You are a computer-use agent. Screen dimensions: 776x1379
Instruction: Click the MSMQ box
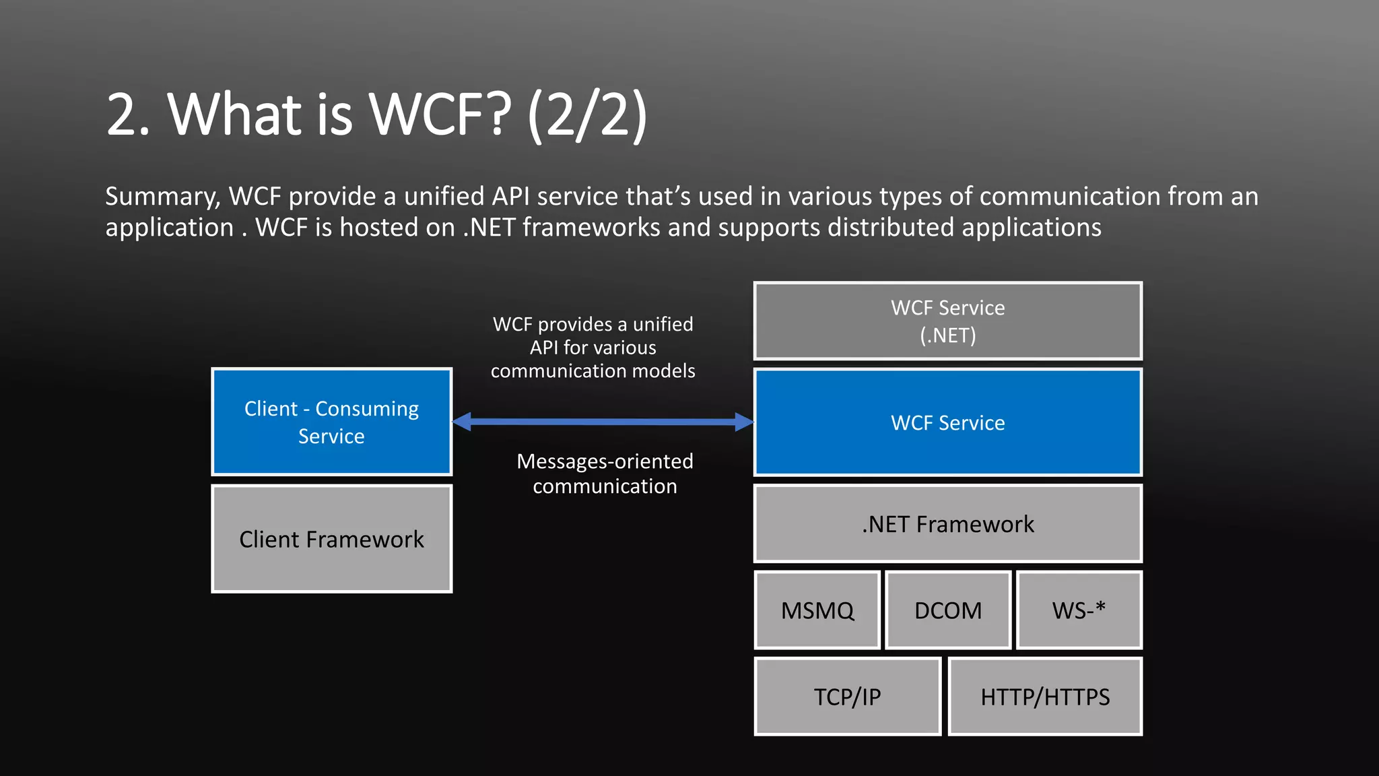[x=817, y=610]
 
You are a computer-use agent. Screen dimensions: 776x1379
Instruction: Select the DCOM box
[x=948, y=610]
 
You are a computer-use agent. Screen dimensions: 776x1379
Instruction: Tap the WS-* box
[x=1079, y=610]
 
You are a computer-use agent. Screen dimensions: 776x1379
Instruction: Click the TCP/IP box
[x=847, y=697]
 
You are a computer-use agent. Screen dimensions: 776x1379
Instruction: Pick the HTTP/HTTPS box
[x=1045, y=697]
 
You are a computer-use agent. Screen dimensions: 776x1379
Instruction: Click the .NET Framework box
[x=948, y=523]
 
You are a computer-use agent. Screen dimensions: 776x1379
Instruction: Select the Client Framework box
[x=331, y=539]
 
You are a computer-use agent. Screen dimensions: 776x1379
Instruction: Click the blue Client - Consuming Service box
[x=331, y=422]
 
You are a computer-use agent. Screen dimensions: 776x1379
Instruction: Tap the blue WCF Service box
[x=948, y=422]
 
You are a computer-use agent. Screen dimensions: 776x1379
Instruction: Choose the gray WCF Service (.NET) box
[x=948, y=321]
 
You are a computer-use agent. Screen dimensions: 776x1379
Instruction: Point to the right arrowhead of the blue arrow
[x=744, y=422]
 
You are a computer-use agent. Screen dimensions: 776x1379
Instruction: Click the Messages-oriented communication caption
[x=605, y=474]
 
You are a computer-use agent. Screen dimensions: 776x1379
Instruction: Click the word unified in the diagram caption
[x=663, y=324]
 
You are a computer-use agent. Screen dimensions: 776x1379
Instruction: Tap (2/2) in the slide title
[x=587, y=115]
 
